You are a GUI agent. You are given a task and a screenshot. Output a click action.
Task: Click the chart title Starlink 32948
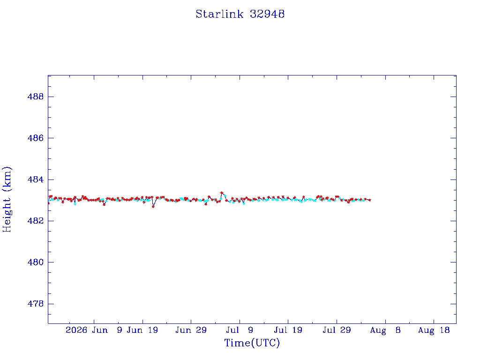(x=240, y=14)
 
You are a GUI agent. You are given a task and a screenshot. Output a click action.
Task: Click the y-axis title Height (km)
(x=7, y=199)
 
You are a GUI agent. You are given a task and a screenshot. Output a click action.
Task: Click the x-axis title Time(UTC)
(x=252, y=343)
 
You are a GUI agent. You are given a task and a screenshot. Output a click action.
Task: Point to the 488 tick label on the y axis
(x=36, y=97)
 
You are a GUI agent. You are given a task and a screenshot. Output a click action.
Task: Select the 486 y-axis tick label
(x=36, y=138)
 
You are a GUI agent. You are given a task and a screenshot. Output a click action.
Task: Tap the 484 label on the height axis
(x=36, y=180)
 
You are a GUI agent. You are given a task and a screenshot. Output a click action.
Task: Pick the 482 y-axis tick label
(x=36, y=221)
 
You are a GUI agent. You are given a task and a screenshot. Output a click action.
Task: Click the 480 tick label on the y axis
(x=36, y=262)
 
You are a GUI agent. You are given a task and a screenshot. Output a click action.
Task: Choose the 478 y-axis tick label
(x=36, y=304)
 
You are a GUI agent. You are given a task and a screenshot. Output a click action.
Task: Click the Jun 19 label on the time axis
(x=142, y=330)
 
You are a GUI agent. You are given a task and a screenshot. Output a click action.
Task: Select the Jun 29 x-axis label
(x=191, y=330)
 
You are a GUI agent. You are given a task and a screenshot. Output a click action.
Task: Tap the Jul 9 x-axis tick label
(x=240, y=330)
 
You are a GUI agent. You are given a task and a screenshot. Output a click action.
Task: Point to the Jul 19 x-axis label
(x=288, y=330)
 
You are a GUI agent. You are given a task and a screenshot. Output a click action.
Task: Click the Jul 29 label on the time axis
(x=337, y=330)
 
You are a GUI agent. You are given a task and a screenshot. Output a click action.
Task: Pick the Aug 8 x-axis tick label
(x=385, y=330)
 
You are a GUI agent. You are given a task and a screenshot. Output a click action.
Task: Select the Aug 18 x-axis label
(x=434, y=330)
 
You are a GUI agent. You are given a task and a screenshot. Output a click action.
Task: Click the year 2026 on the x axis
(x=76, y=330)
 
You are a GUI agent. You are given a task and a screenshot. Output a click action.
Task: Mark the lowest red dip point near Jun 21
(x=153, y=207)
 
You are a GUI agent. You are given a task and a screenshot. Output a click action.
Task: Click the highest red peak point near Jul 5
(x=222, y=193)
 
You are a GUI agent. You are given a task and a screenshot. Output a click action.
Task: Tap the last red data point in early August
(x=370, y=200)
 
